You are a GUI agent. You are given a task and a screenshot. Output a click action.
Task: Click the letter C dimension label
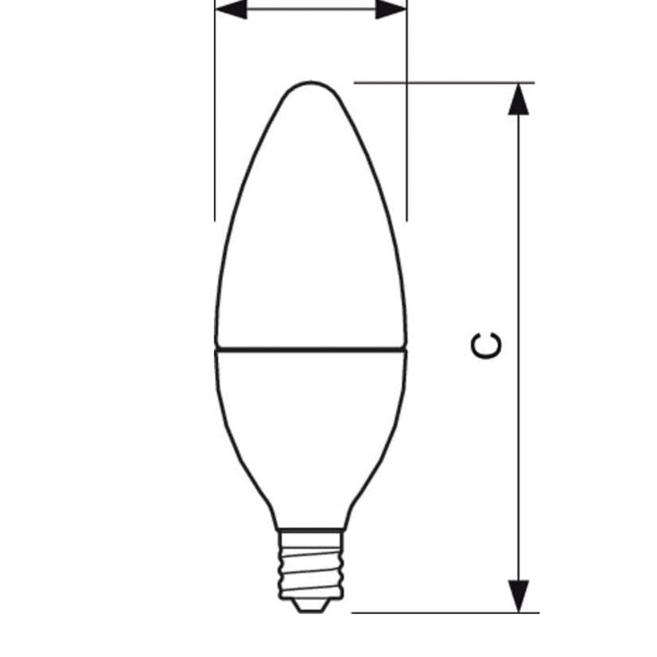point(487,346)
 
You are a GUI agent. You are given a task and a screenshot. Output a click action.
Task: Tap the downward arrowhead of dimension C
point(519,597)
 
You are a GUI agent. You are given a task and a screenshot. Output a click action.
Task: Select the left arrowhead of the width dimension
point(231,10)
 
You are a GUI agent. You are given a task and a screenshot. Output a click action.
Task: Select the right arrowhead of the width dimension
point(391,10)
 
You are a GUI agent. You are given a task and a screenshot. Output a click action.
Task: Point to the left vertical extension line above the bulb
point(215,119)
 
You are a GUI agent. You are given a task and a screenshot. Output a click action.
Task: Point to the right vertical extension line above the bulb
point(406,119)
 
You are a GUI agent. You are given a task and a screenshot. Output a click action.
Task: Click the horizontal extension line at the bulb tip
point(445,82)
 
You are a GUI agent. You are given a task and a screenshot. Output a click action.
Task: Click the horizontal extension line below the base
point(445,612)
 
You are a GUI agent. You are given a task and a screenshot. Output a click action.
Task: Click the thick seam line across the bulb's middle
point(310,348)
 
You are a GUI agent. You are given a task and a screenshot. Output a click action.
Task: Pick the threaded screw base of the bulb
point(310,565)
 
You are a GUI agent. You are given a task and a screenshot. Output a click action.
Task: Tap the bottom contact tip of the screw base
point(310,606)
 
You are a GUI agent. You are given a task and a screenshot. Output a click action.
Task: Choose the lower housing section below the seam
point(310,430)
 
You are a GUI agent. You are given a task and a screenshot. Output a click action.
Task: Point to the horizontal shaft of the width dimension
point(310,10)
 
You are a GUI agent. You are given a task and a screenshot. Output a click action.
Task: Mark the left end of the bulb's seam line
point(217,348)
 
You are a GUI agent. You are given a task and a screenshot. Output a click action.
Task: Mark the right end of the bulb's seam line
point(405,348)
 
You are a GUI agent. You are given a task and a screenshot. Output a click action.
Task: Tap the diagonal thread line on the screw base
point(312,542)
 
